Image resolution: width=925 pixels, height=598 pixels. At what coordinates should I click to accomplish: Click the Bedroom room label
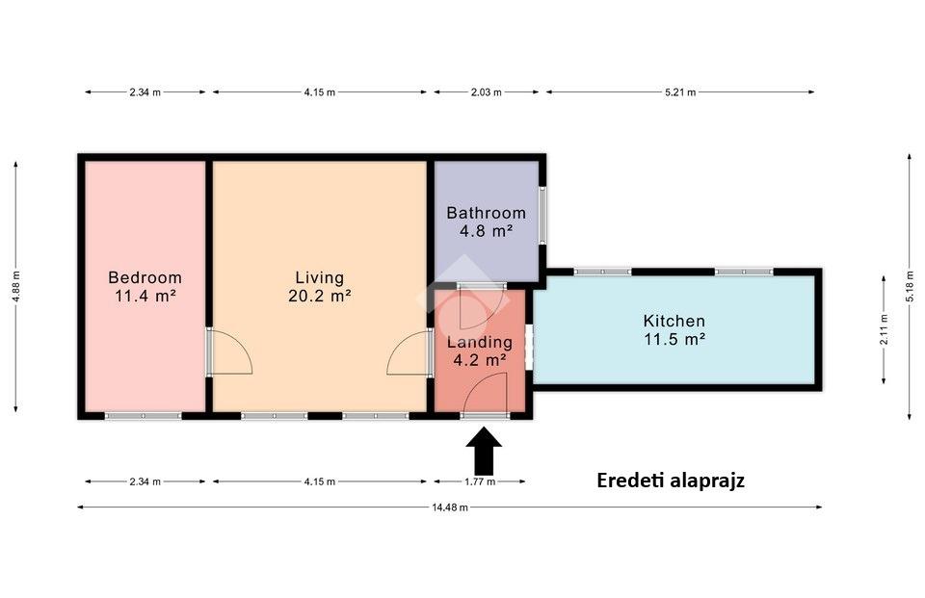(145, 277)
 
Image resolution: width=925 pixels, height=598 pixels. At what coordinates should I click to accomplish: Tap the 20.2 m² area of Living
(320, 296)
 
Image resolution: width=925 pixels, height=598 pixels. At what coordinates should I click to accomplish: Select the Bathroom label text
(486, 212)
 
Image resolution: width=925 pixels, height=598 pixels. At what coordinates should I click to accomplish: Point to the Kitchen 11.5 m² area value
(674, 339)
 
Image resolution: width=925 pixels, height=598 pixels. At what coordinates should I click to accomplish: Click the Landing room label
(480, 342)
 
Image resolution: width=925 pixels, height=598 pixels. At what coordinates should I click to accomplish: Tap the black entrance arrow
(484, 452)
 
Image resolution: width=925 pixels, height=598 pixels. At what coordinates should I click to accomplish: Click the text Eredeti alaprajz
(671, 481)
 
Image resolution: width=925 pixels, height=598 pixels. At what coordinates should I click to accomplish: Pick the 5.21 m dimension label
(680, 92)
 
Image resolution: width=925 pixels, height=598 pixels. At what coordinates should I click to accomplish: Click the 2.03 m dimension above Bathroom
(486, 92)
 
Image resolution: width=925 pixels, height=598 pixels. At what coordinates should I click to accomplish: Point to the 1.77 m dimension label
(480, 481)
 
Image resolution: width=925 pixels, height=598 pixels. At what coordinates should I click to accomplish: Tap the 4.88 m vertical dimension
(16, 287)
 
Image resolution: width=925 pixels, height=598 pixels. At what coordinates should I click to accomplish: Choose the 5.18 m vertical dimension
(909, 287)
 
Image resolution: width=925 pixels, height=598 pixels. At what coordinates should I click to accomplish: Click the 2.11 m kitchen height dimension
(884, 329)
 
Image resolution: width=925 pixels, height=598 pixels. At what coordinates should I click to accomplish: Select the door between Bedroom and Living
(229, 351)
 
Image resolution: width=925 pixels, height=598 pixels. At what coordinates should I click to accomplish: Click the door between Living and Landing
(410, 352)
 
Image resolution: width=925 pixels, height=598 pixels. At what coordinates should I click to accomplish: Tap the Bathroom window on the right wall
(542, 216)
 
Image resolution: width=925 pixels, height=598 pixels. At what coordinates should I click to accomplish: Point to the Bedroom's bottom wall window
(144, 416)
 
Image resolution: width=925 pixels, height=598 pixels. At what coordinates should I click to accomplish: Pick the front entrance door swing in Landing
(485, 394)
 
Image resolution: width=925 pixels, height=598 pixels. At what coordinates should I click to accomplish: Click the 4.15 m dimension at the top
(320, 92)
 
